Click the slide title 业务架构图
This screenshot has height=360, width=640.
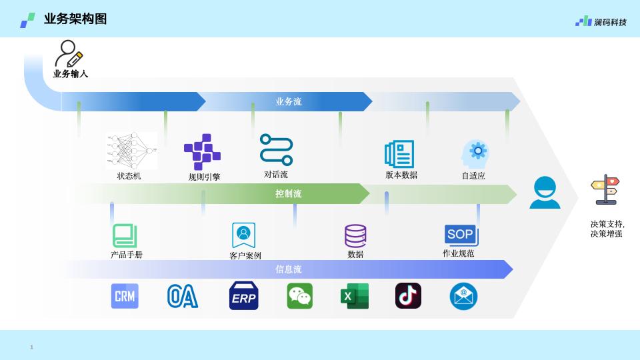[75, 19]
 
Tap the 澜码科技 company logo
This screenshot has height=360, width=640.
[601, 21]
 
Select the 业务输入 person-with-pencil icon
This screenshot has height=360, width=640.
[69, 53]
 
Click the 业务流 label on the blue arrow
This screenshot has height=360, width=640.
[289, 101]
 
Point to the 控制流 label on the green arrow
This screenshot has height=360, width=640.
[289, 194]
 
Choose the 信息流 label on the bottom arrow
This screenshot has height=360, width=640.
[289, 269]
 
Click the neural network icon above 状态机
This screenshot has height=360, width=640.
[131, 150]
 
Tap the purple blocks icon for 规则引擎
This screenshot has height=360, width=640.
[202, 152]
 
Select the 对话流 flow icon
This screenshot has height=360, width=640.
[276, 150]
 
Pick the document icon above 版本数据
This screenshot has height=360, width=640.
[400, 154]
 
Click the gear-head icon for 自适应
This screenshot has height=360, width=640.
[475, 153]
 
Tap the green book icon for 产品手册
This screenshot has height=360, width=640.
[125, 236]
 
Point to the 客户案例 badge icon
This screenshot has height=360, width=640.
[244, 235]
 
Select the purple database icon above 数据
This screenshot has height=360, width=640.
[355, 236]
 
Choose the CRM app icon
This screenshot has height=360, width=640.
[125, 296]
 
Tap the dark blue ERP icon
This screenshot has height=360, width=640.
[243, 296]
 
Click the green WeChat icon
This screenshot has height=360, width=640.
[300, 296]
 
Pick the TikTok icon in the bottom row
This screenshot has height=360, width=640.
[408, 296]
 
